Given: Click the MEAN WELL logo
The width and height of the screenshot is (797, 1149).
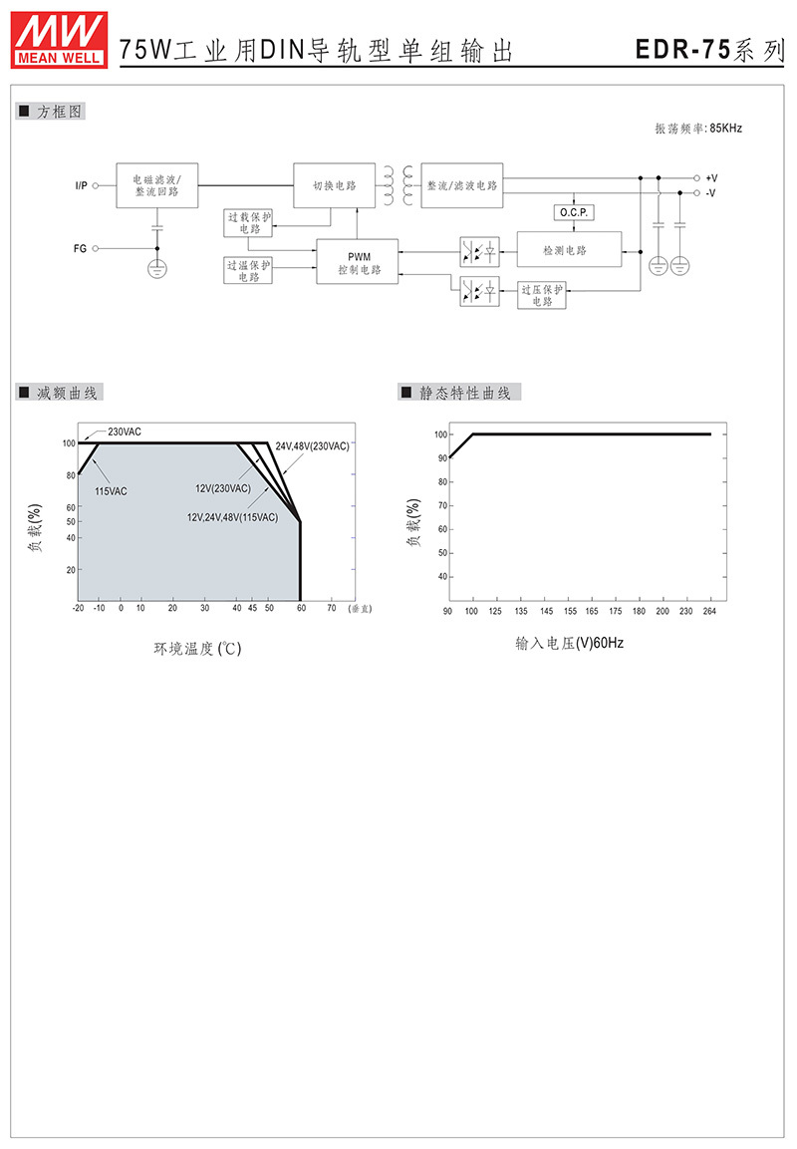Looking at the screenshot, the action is click(60, 40).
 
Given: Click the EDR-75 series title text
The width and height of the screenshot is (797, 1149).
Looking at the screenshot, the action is click(709, 49).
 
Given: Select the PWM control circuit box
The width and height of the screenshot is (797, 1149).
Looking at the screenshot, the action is click(358, 262).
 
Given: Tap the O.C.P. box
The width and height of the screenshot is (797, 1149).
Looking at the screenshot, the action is click(574, 212).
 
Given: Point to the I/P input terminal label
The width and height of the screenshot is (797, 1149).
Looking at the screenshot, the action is click(81, 185).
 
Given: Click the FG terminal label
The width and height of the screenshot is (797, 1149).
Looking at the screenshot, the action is click(80, 248).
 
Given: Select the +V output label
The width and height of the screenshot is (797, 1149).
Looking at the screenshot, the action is click(711, 178).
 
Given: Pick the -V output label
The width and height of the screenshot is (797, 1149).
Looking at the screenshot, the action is click(710, 192).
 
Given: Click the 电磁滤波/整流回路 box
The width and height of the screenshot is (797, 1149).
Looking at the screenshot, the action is click(156, 185).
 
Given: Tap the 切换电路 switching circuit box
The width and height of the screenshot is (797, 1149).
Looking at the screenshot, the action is click(334, 185).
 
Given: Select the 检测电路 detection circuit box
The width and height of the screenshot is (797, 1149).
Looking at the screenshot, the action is click(569, 250).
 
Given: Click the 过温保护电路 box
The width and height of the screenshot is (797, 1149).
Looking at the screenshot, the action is click(248, 270).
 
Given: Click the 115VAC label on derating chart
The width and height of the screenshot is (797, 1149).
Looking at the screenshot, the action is click(111, 491).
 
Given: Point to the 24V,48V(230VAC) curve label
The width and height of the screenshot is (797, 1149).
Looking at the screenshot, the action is click(312, 446).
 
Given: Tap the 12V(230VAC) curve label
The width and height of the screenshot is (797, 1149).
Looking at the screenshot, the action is click(223, 488).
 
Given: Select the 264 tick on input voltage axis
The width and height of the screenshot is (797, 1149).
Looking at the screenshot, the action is click(709, 611).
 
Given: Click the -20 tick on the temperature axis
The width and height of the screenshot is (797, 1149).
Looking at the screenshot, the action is click(79, 608).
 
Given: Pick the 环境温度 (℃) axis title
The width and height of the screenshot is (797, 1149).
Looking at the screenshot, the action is click(197, 649).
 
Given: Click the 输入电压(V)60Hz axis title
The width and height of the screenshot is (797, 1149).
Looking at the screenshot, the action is click(569, 643).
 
